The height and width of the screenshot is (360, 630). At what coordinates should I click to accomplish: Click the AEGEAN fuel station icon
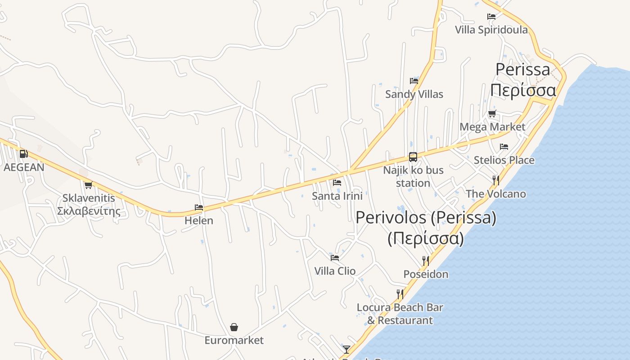point(23,154)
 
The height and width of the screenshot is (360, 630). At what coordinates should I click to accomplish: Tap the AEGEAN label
point(24,167)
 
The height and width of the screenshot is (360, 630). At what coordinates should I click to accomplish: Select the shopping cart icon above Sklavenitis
point(88,185)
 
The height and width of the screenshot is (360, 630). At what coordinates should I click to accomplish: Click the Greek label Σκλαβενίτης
point(89,211)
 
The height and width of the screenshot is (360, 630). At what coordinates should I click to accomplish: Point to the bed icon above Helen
point(199,207)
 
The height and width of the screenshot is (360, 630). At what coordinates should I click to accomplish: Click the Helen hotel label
point(199,221)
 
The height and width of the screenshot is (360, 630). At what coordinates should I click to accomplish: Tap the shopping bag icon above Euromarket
point(234,327)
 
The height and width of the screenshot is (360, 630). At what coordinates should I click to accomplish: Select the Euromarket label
point(234,340)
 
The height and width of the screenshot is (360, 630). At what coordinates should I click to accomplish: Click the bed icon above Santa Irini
point(337,183)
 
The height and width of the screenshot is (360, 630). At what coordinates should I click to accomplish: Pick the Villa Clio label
point(335,271)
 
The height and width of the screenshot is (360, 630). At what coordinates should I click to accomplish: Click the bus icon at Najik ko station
point(413,157)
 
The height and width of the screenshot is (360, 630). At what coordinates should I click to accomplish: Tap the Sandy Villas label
point(414,94)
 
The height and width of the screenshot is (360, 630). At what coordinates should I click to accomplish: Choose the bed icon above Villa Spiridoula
point(491,17)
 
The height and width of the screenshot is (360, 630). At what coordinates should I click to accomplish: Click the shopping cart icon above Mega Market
point(492,114)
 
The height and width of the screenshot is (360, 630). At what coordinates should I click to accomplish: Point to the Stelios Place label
point(504,160)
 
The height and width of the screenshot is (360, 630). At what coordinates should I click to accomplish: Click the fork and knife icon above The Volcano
point(496,180)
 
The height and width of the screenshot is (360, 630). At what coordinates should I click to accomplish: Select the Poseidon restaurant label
point(426,274)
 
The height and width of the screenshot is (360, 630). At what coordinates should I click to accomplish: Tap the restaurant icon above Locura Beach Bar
point(400,294)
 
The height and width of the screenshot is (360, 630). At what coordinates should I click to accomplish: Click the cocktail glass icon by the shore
point(346,349)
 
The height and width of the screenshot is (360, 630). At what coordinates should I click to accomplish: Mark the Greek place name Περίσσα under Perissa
point(523,90)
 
